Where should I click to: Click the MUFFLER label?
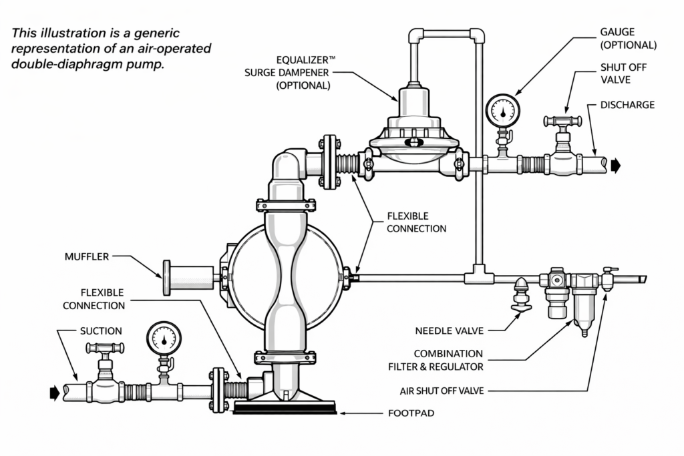click(x=87, y=257)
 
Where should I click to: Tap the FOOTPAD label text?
click(x=411, y=413)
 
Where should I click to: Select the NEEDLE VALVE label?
click(x=450, y=331)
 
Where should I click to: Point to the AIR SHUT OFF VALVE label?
click(x=442, y=391)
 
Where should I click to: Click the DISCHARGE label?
click(x=628, y=105)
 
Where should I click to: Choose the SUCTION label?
click(x=101, y=331)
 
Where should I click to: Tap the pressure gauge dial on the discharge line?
click(x=503, y=111)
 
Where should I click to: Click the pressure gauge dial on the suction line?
click(x=164, y=338)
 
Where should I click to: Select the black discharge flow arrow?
click(x=615, y=166)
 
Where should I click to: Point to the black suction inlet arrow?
click(x=55, y=393)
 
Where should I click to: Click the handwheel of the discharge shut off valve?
click(x=562, y=121)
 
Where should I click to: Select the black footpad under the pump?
click(x=285, y=409)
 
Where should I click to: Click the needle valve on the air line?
click(x=521, y=294)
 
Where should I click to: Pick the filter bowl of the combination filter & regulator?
click(x=584, y=305)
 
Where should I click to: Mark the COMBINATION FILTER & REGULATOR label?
click(x=436, y=360)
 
